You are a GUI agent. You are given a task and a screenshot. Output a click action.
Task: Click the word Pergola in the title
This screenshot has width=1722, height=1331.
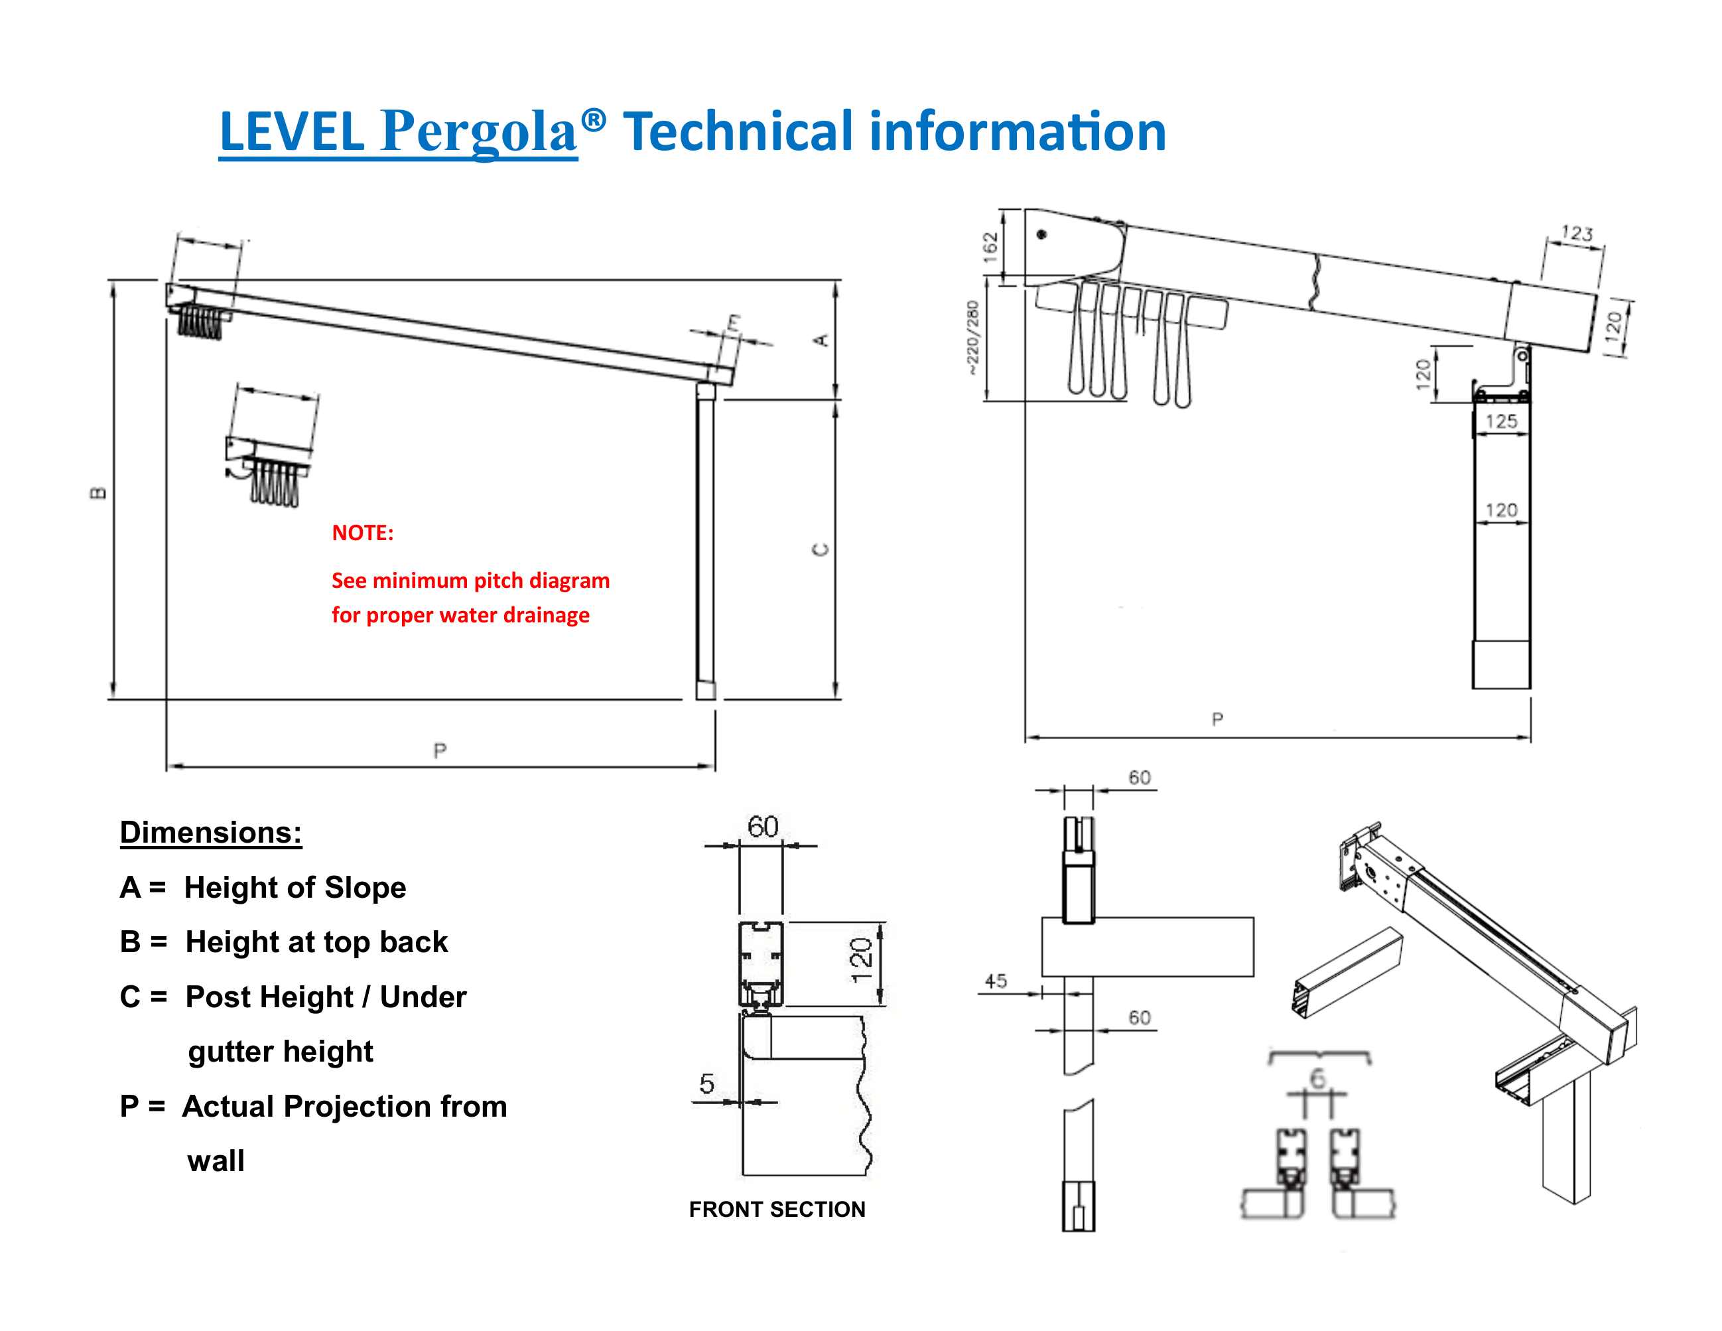click(480, 131)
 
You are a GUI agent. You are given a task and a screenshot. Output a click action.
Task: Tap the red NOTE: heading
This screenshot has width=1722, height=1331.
click(363, 533)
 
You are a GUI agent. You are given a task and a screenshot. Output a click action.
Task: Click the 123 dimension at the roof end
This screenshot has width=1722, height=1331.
click(1577, 233)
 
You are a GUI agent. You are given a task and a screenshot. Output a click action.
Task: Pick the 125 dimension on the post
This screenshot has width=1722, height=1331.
click(1501, 421)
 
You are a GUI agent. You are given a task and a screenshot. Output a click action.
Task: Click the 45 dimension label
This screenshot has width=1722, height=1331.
click(996, 981)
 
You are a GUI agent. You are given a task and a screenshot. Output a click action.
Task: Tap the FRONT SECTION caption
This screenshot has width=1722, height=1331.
click(777, 1209)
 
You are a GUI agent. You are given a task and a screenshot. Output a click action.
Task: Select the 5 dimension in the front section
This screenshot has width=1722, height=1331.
click(706, 1084)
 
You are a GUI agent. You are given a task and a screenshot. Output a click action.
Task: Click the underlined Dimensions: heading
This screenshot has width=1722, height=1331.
click(210, 833)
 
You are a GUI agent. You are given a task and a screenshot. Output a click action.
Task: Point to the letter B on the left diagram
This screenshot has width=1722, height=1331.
click(98, 494)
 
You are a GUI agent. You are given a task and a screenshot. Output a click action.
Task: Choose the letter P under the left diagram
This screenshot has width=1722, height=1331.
click(440, 750)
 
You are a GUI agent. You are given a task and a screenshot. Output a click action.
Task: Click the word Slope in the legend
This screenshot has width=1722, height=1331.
click(365, 888)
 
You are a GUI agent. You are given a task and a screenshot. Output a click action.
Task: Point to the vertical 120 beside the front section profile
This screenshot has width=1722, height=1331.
click(861, 959)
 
